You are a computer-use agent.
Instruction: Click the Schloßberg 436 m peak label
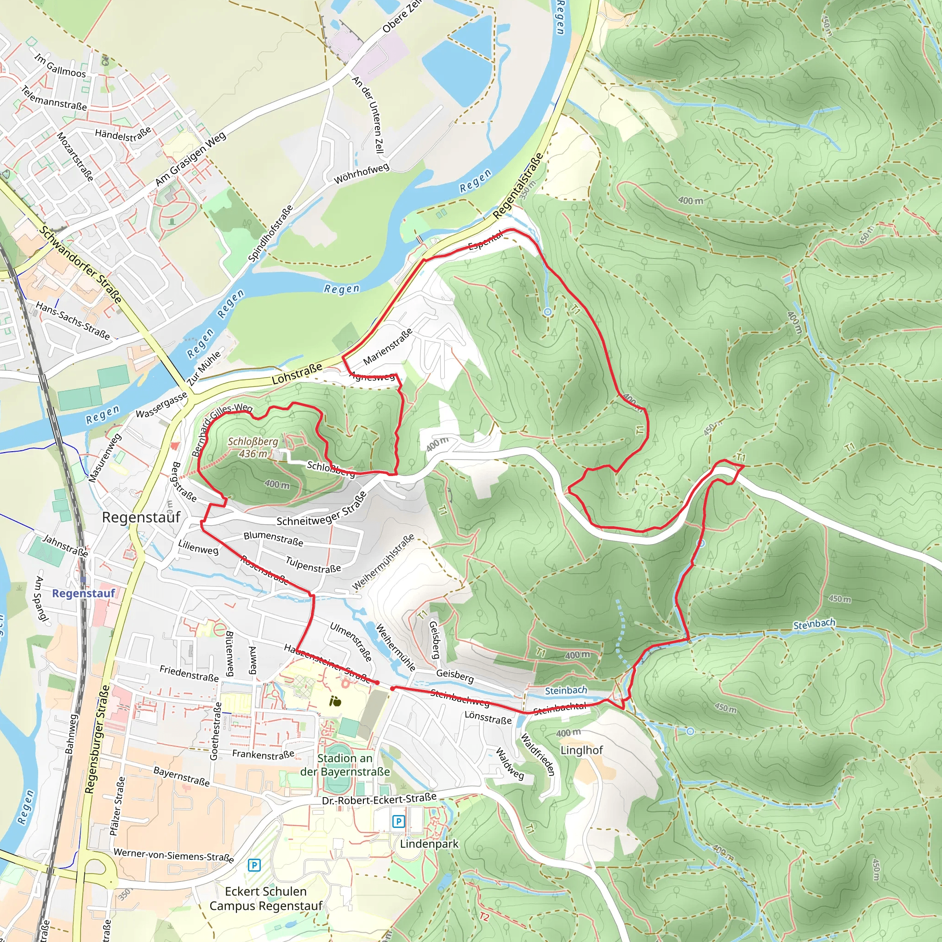(253, 447)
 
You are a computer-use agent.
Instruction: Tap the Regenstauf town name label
(141, 517)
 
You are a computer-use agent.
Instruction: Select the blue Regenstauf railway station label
(83, 593)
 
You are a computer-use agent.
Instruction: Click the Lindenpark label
(429, 844)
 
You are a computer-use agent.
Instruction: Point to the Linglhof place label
(581, 750)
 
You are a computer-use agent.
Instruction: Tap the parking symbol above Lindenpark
(398, 821)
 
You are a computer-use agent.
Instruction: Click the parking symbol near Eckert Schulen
(254, 866)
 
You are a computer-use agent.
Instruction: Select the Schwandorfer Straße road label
(80, 264)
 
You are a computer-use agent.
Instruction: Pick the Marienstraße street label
(388, 347)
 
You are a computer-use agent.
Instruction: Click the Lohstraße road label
(297, 373)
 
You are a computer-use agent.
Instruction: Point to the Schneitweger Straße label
(322, 510)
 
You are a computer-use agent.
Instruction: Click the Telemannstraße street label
(54, 98)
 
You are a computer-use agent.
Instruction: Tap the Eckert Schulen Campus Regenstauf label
(266, 899)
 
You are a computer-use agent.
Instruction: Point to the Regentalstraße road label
(518, 186)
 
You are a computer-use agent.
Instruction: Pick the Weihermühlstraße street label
(383, 562)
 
